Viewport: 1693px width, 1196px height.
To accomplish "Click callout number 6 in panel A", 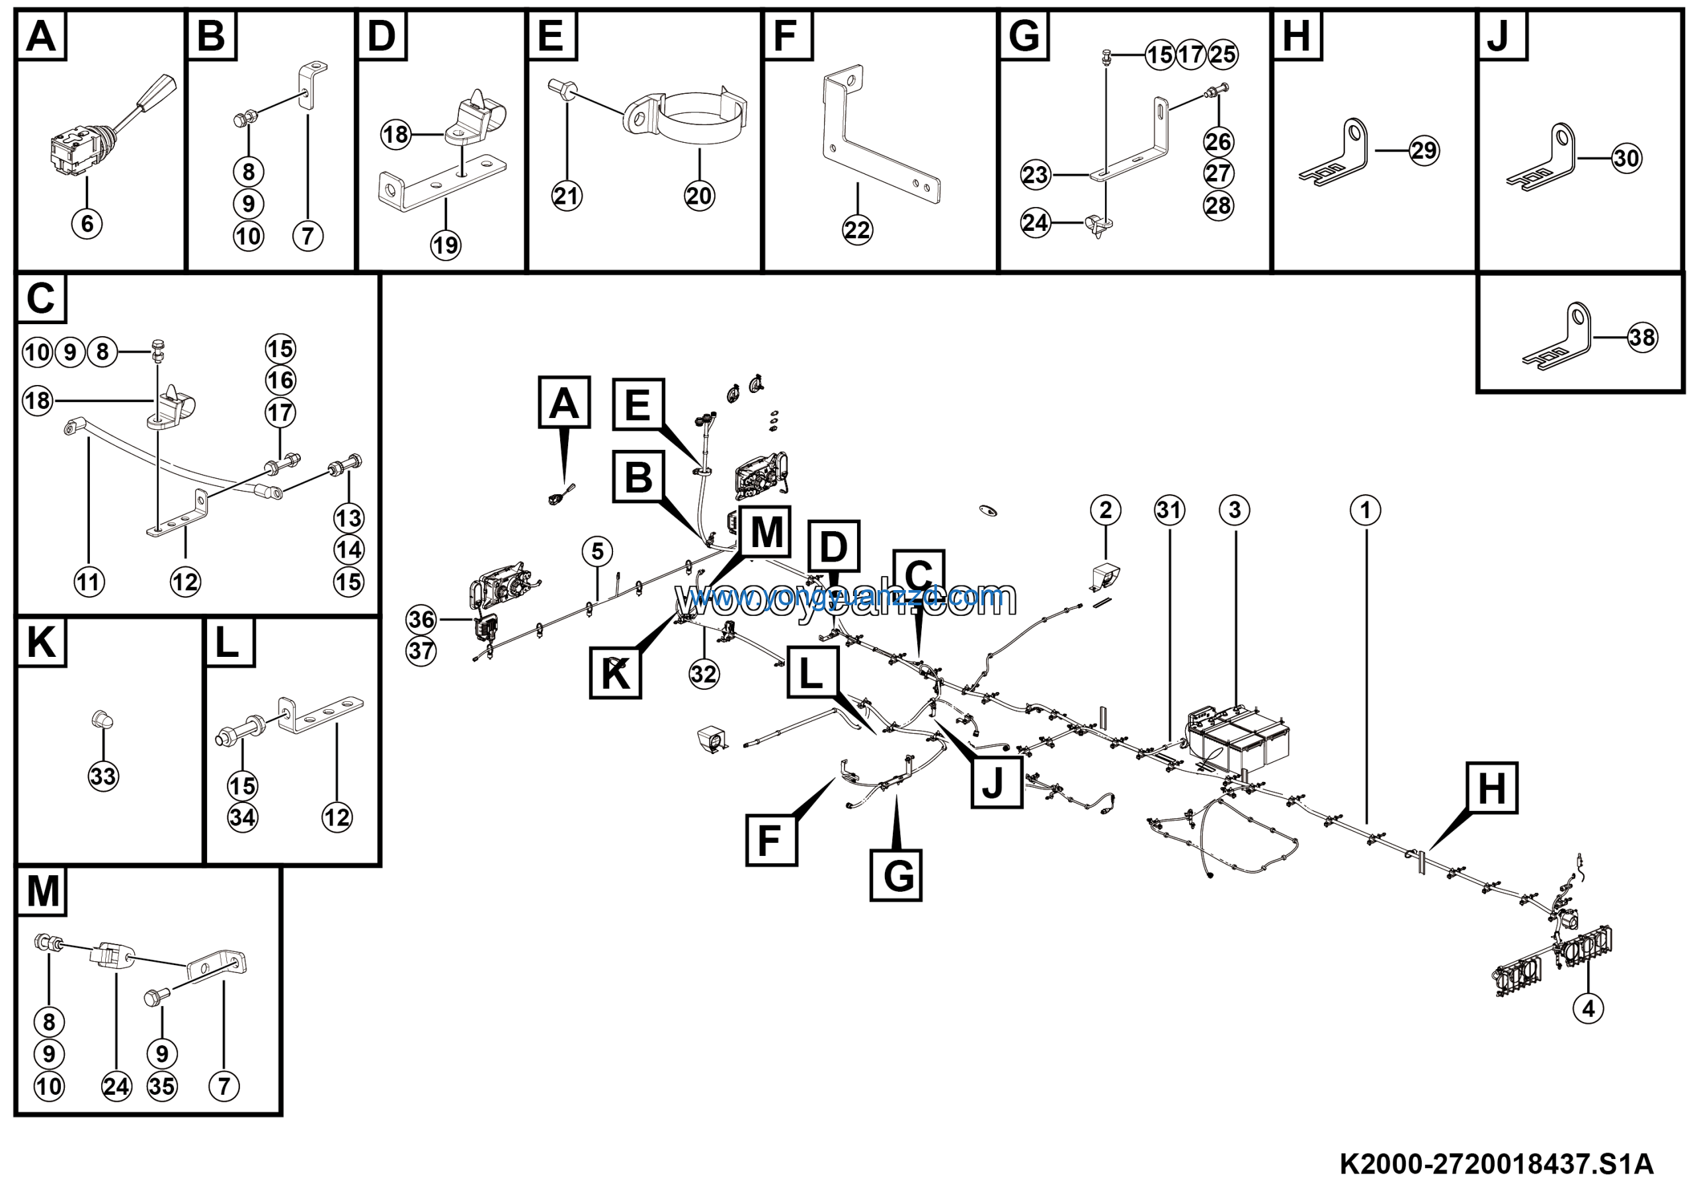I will point(87,223).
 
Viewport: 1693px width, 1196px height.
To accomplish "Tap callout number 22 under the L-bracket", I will point(857,230).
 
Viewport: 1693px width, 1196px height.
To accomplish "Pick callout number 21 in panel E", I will point(566,196).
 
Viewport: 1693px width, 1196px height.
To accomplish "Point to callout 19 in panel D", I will point(445,245).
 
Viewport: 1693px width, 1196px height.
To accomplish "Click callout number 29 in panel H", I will point(1424,150).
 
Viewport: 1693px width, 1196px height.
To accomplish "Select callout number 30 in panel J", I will point(1627,158).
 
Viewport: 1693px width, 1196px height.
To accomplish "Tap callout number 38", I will point(1642,338).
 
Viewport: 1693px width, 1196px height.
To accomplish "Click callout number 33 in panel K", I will point(103,776).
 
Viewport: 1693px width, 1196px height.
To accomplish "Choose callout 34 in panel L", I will point(243,817).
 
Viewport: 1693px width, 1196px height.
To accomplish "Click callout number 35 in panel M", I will point(162,1086).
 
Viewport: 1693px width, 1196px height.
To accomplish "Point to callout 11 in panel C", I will point(89,581).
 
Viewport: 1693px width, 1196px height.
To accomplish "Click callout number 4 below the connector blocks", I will point(1589,1008).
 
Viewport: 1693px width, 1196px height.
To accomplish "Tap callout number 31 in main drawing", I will point(1169,509).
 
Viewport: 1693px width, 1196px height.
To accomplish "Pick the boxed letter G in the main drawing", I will point(896,875).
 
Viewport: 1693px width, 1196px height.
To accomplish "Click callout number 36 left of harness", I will point(422,619).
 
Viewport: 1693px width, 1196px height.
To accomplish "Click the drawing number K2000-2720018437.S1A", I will point(1496,1164).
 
